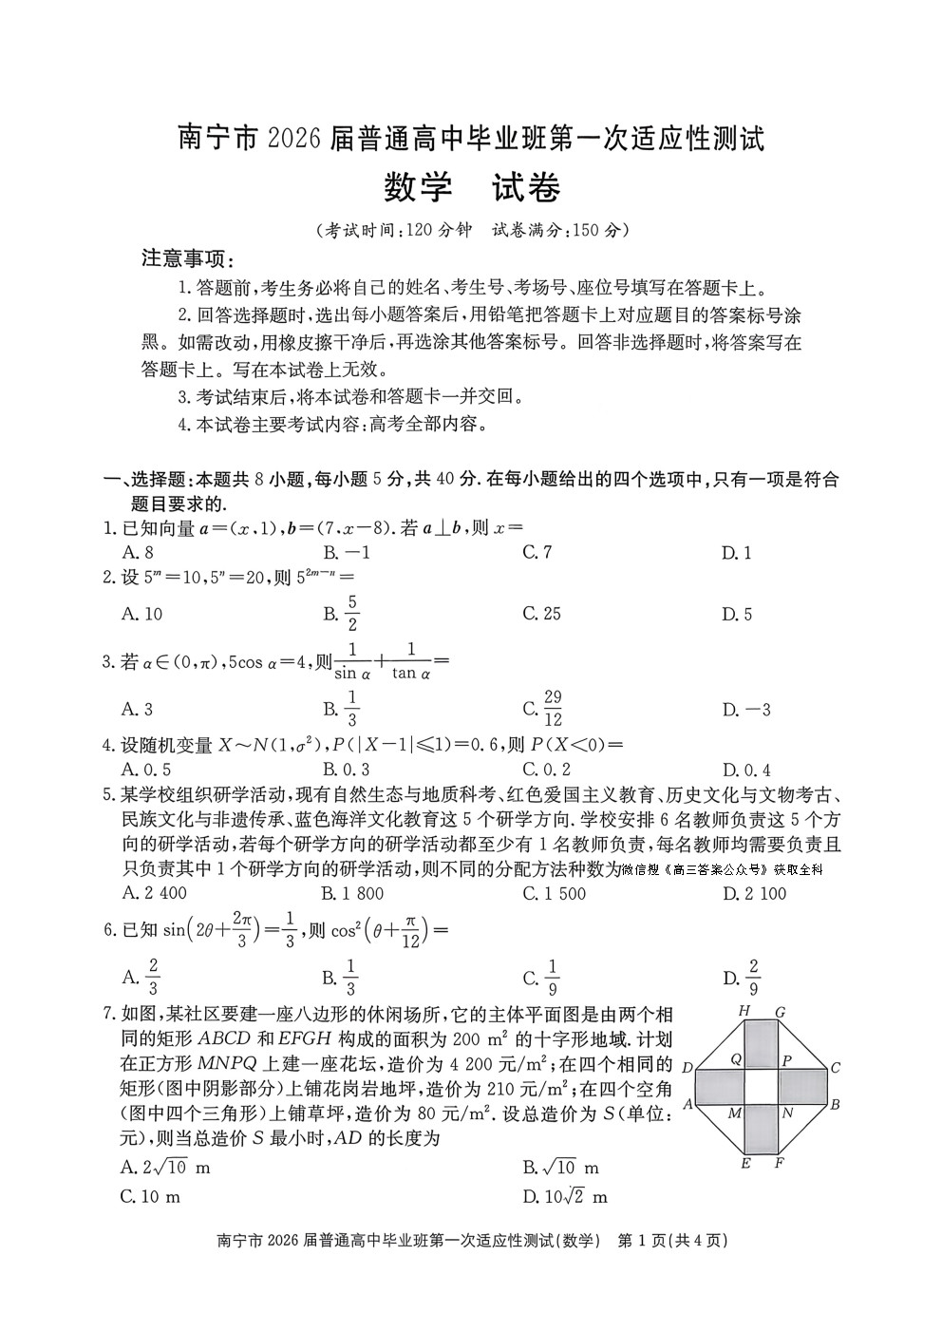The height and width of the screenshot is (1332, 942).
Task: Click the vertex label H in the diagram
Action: coord(744,1010)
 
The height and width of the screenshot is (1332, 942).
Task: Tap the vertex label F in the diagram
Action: coord(779,1162)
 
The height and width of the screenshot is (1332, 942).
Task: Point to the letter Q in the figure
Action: coord(737,1058)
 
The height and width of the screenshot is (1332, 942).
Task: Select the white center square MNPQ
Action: coord(762,1086)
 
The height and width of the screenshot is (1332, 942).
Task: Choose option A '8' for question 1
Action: coord(138,552)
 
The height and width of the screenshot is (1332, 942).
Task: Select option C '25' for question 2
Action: coord(541,614)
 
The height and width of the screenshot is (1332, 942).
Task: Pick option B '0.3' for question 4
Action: coord(346,770)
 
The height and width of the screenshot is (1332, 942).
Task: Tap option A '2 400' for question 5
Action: coord(155,893)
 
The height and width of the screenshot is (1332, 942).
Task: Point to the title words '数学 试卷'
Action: coord(471,188)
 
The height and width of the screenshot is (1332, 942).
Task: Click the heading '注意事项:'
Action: coord(187,258)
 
